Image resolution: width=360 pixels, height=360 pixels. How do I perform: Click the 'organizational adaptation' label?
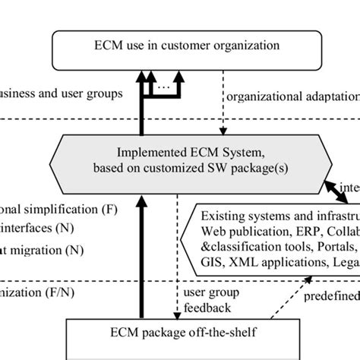click(293, 97)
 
